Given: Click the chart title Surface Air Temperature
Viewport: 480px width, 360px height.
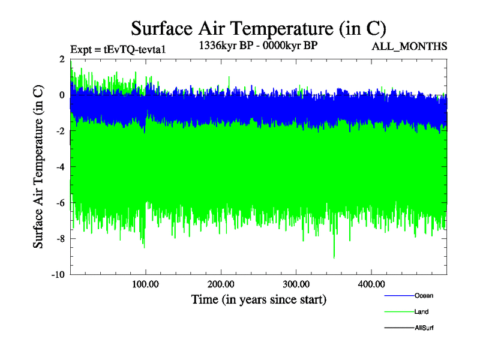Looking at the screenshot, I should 258,28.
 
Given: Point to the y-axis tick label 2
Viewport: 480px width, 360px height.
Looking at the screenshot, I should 62,59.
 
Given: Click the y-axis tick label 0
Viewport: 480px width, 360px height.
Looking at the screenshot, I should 62,95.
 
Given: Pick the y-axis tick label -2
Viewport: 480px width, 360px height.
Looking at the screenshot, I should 60,131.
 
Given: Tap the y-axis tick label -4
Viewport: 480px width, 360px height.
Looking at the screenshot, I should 60,167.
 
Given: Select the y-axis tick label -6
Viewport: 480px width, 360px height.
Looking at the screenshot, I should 60,203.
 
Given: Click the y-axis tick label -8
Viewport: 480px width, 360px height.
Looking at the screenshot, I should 60,239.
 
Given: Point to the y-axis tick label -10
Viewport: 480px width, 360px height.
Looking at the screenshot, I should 58,275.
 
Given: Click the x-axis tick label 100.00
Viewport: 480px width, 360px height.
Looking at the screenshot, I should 146,284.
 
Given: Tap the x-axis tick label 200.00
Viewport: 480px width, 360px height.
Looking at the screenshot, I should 221,284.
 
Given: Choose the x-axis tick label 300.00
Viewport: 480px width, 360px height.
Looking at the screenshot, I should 296,284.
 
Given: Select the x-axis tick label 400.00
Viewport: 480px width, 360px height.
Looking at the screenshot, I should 371,284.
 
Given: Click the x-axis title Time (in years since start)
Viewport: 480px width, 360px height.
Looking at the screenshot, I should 259,299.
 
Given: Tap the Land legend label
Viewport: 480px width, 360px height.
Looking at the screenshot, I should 421,311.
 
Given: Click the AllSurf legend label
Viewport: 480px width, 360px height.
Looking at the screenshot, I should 424,328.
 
